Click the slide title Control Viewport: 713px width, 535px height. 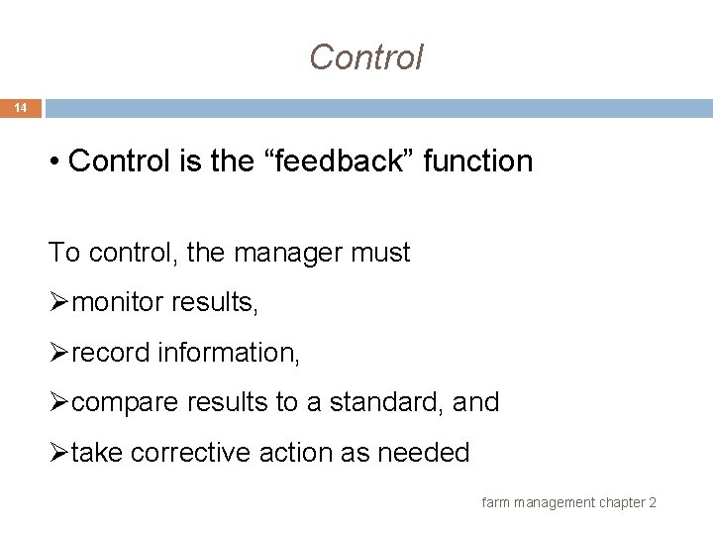365,57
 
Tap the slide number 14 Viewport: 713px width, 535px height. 21,108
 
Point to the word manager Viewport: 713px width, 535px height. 275,253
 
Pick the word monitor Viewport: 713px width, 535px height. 118,302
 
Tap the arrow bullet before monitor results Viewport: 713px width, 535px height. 58,302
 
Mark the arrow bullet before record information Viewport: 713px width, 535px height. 58,353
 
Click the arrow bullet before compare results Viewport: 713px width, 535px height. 58,403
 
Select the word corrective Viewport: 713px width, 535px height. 190,453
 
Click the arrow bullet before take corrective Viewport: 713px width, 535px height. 58,453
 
